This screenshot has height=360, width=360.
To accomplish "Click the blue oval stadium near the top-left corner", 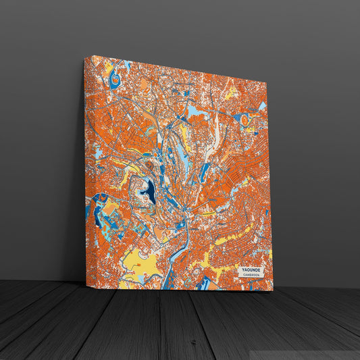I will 115,79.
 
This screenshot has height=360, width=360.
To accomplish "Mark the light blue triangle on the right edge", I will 262,107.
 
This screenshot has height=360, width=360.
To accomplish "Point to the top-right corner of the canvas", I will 267,83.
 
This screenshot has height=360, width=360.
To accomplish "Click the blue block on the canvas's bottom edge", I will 202,283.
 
